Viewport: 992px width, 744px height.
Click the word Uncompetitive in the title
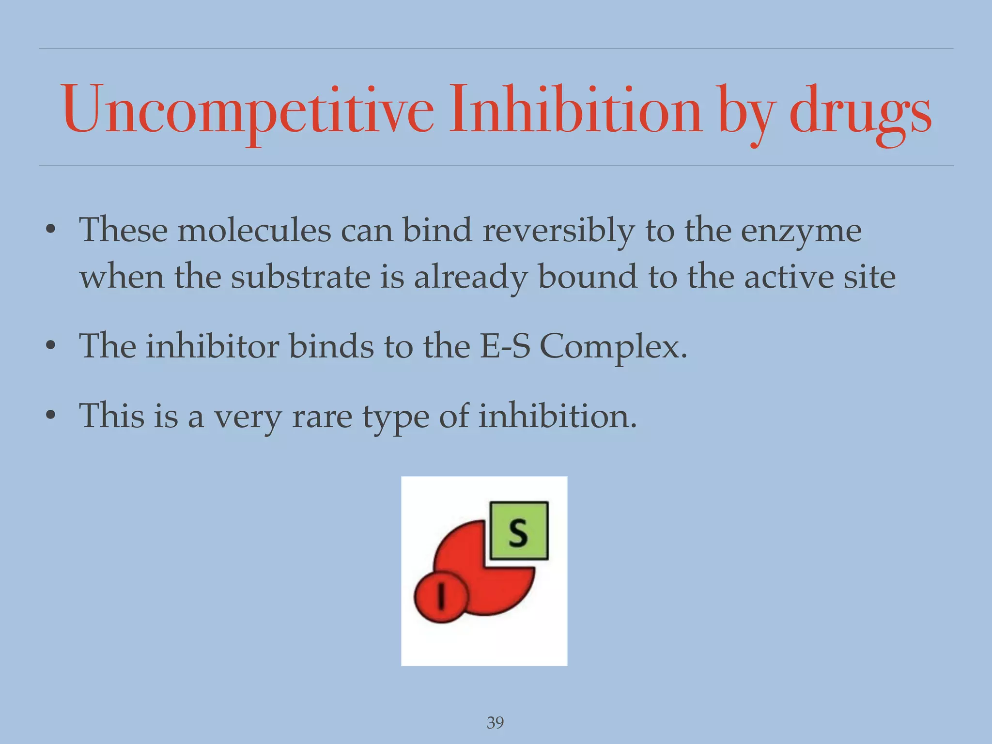tap(247, 110)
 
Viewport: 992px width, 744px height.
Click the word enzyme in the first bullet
tap(801, 232)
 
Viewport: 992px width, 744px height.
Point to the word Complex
tap(613, 348)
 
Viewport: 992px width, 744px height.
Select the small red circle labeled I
tap(441, 596)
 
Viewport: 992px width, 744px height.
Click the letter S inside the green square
tap(518, 532)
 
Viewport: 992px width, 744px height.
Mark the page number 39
tap(495, 723)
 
